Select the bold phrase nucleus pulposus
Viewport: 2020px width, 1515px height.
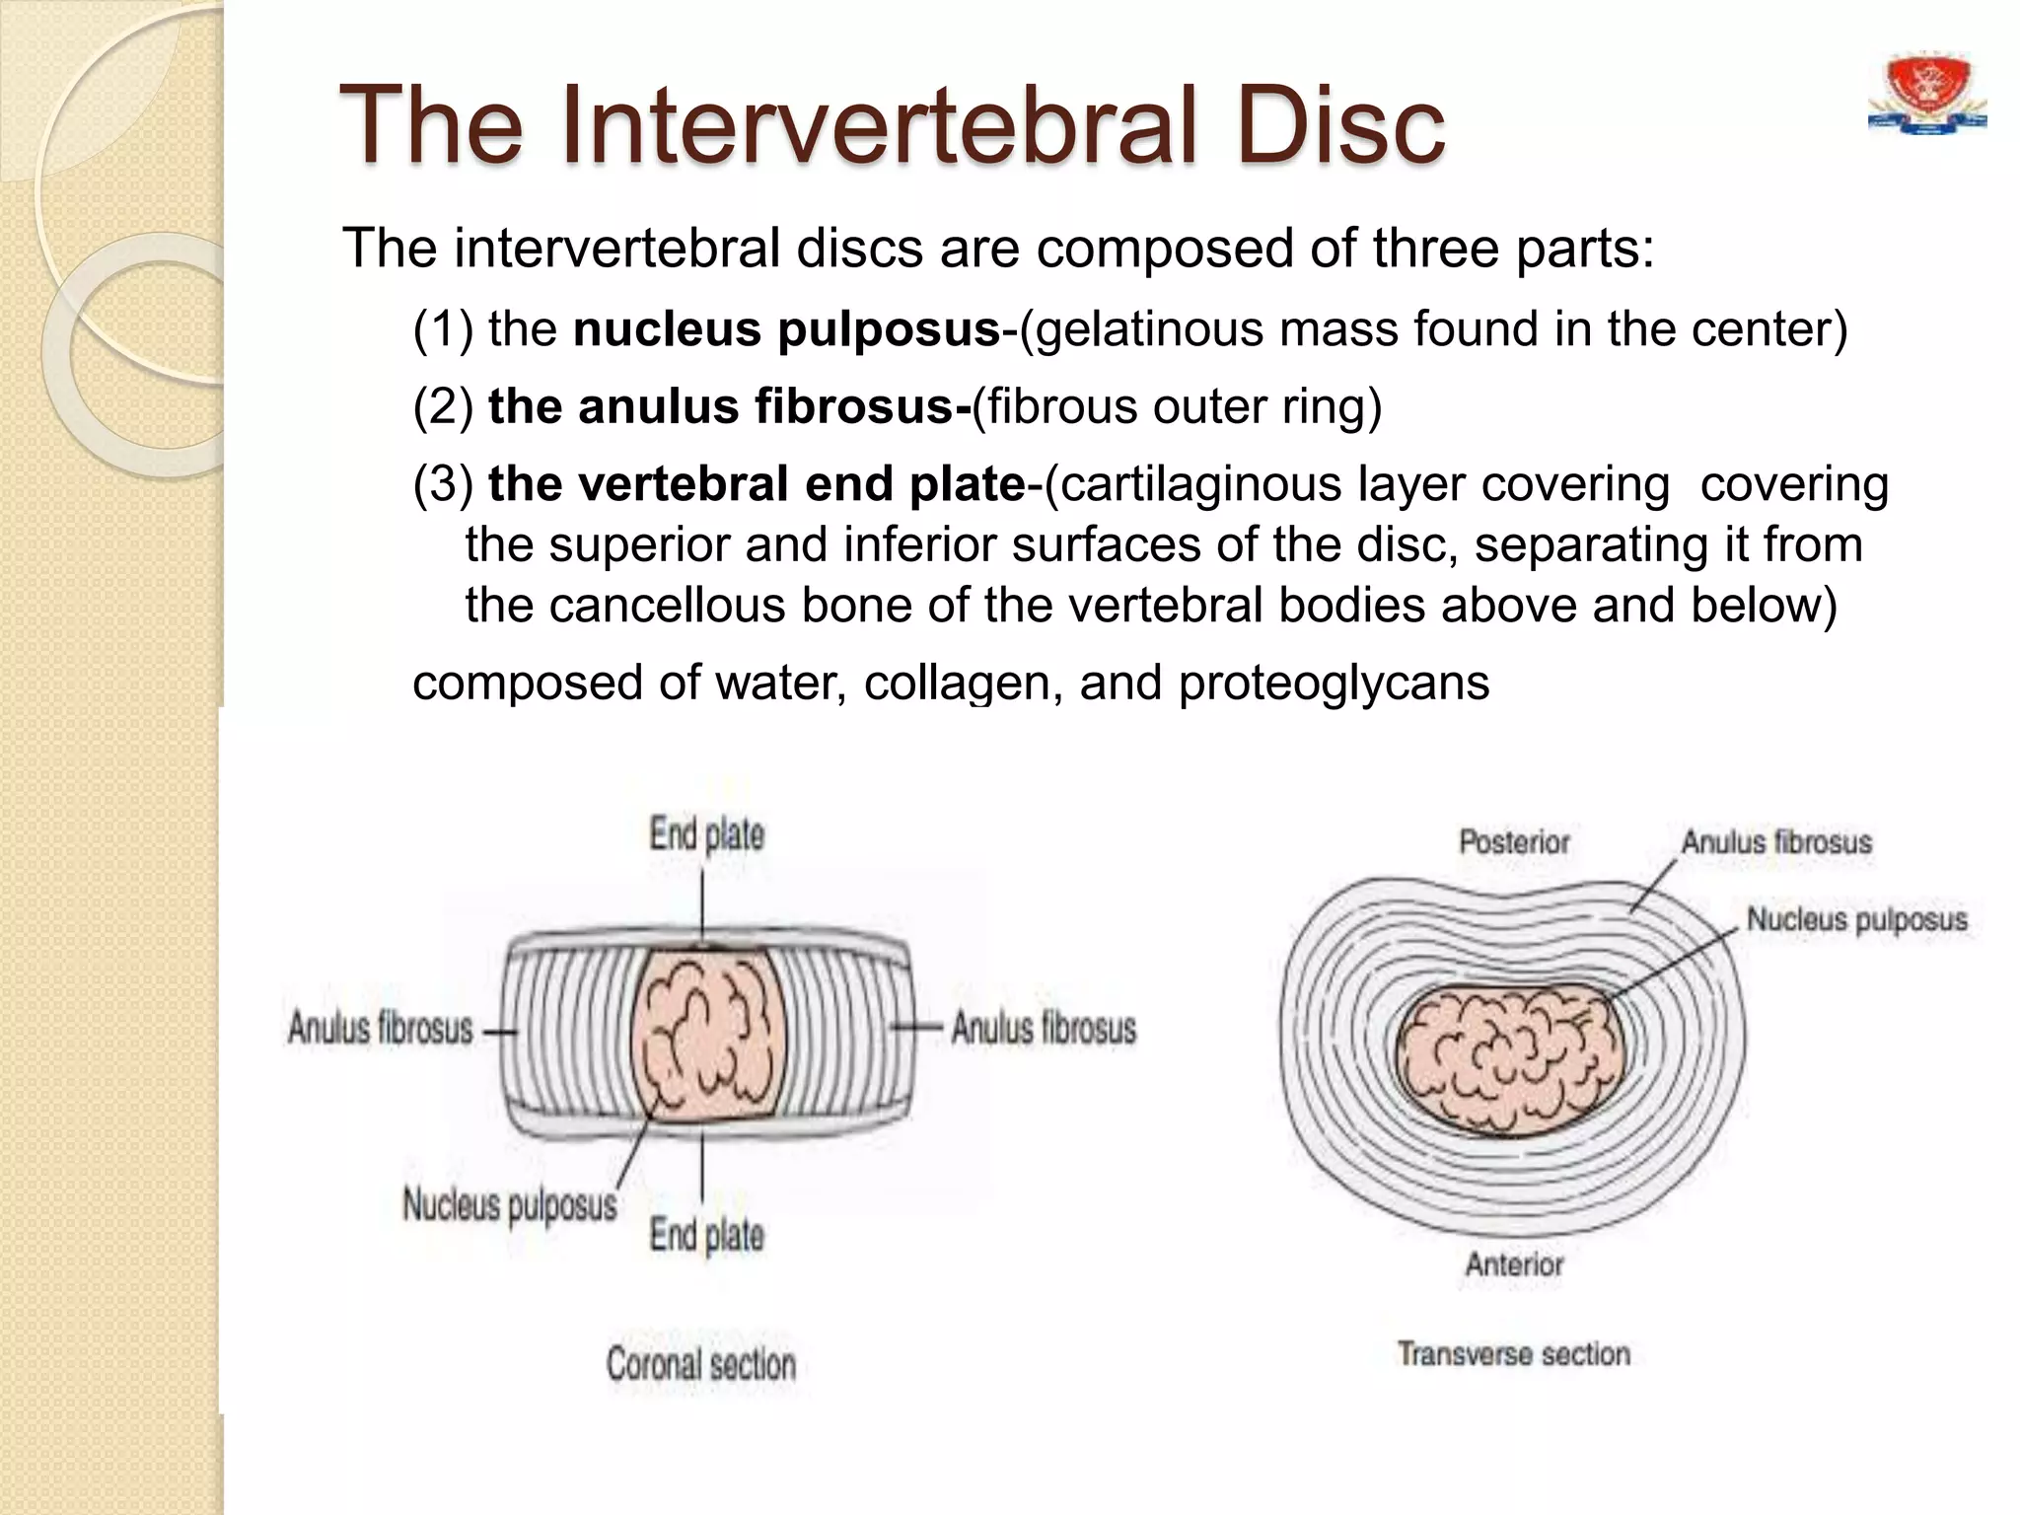[x=787, y=329]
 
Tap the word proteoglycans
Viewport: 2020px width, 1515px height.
[x=1334, y=683]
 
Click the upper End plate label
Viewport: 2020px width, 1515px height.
[x=706, y=834]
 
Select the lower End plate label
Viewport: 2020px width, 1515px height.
[x=706, y=1235]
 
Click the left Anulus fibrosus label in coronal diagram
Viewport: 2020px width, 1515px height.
[x=381, y=1028]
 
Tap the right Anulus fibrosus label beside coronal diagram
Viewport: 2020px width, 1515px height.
[x=1044, y=1028]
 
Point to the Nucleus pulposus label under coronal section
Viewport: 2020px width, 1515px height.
[x=509, y=1204]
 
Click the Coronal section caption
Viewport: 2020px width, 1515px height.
[x=700, y=1364]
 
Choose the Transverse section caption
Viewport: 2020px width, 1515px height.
[x=1513, y=1353]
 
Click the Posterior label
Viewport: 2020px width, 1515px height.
[x=1513, y=842]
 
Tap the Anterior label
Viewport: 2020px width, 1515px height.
[x=1514, y=1263]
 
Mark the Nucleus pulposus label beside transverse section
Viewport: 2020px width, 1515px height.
[x=1856, y=919]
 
